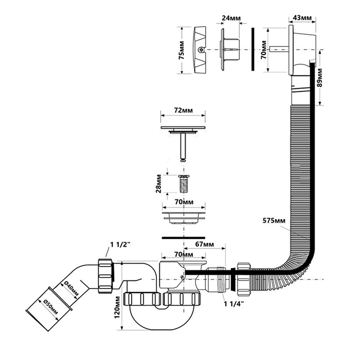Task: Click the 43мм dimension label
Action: click(x=302, y=18)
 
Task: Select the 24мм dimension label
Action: click(x=231, y=18)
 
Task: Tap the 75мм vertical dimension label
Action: click(x=181, y=50)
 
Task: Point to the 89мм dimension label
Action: click(x=320, y=77)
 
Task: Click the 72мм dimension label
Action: click(x=183, y=110)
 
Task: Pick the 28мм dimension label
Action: click(x=159, y=184)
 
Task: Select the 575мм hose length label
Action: click(x=274, y=220)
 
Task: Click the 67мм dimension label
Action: click(x=204, y=244)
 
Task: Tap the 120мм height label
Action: click(x=117, y=307)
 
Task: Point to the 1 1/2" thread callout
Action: click(x=121, y=244)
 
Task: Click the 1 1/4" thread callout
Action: click(x=234, y=304)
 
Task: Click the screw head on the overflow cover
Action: click(x=201, y=49)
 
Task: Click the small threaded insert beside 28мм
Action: click(x=184, y=184)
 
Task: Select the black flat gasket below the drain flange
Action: click(x=183, y=238)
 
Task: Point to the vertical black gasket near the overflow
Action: click(x=253, y=49)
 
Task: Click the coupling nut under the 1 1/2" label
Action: click(x=105, y=276)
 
